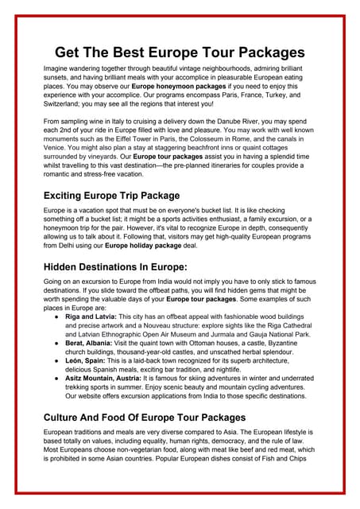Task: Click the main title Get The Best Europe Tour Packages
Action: tap(180, 52)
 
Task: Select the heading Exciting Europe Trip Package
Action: tap(111, 195)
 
